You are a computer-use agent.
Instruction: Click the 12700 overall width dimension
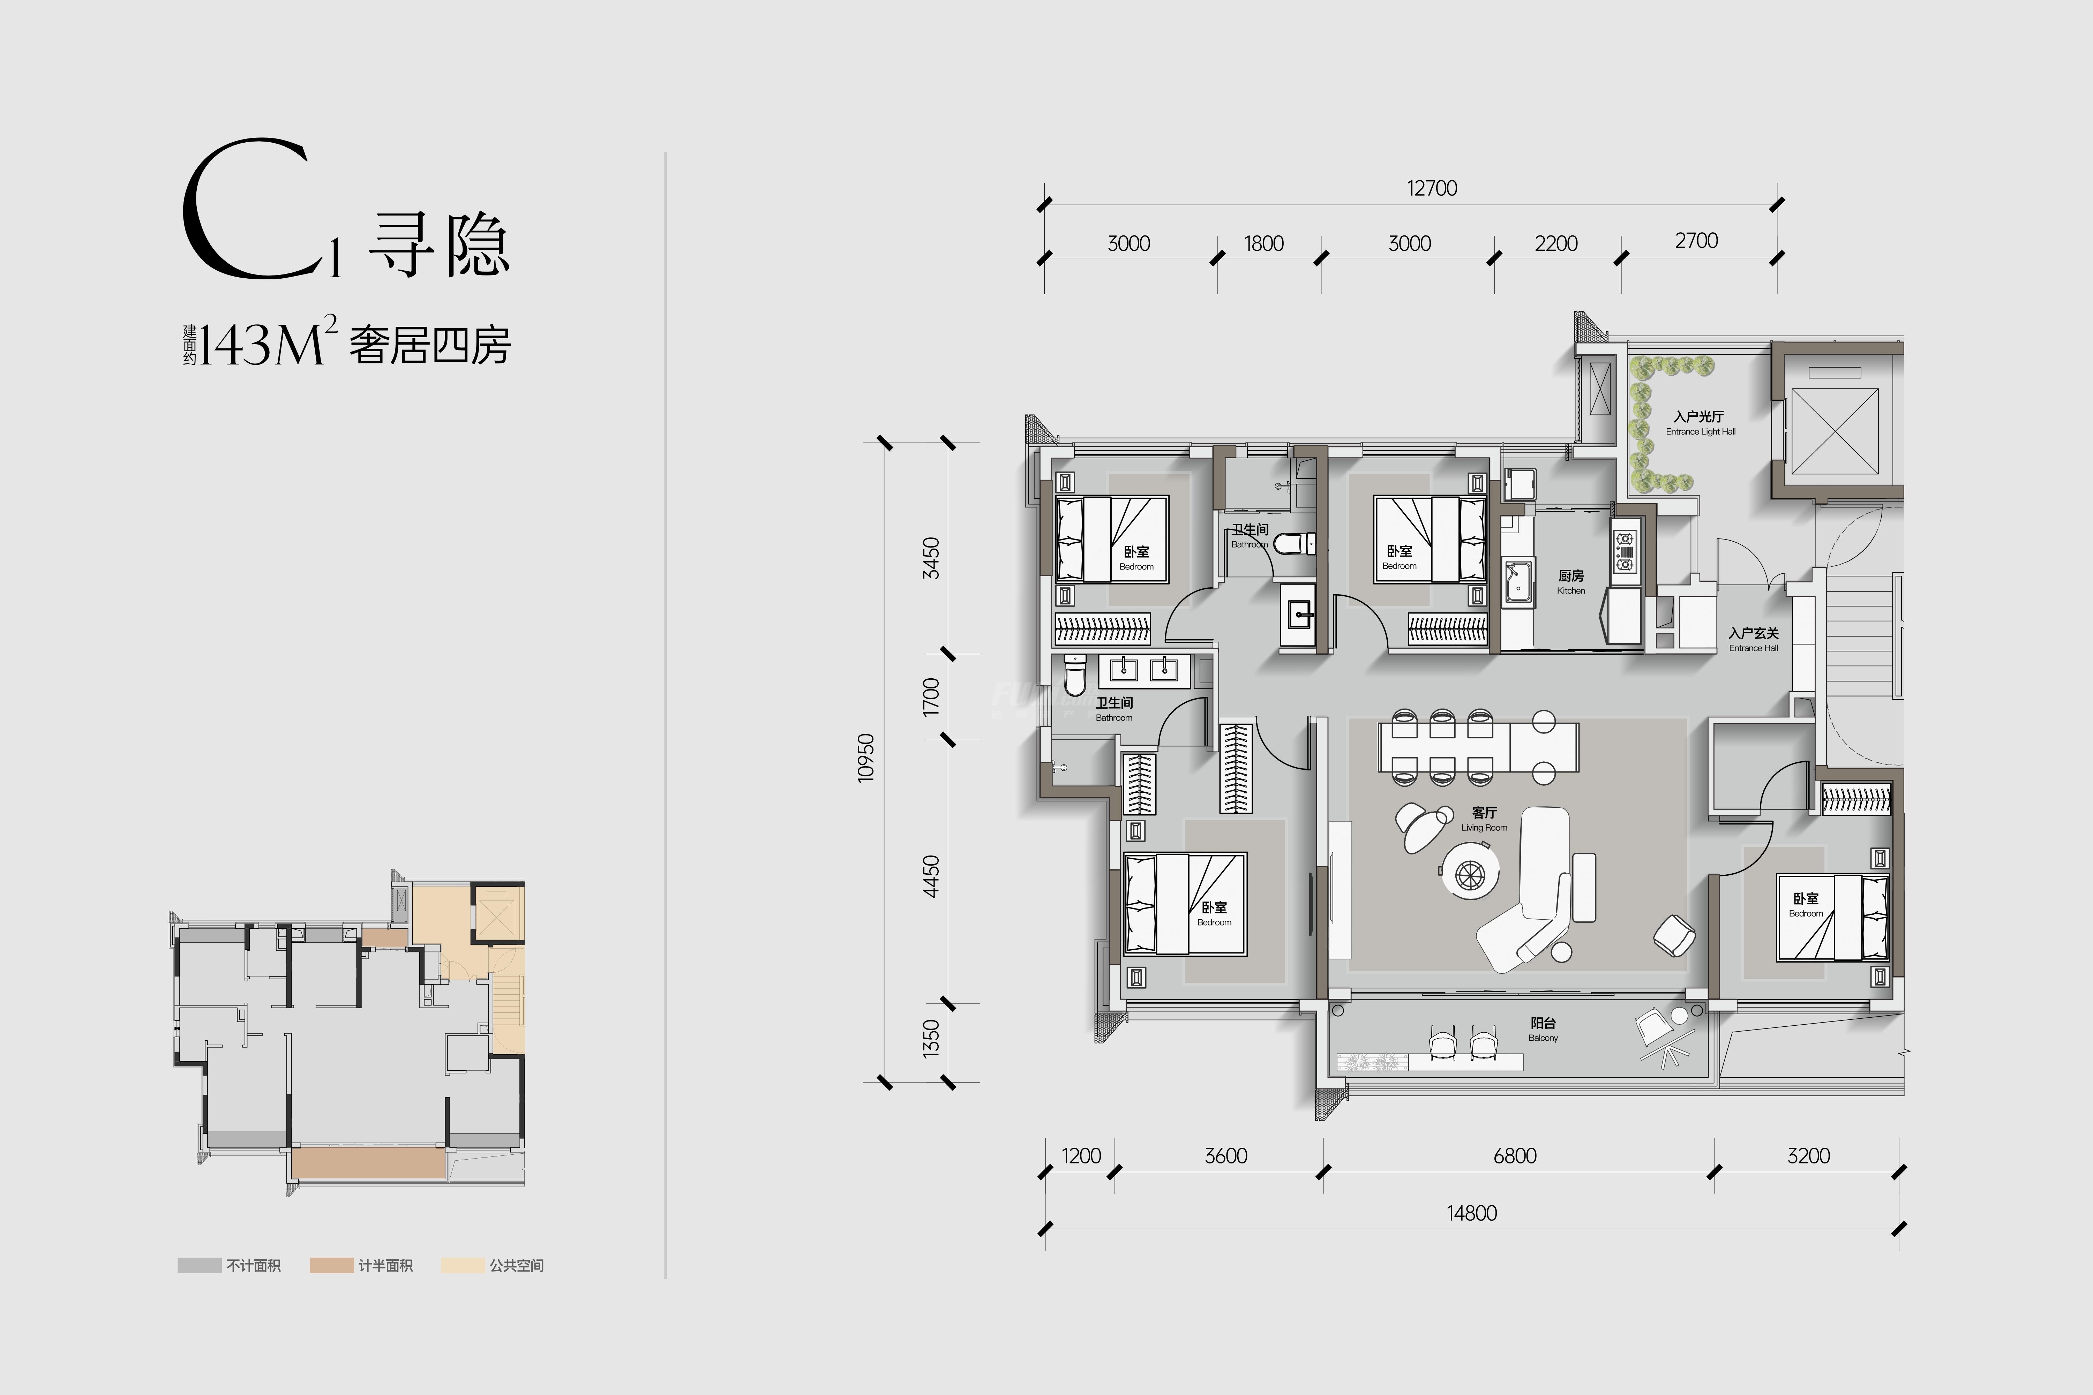[x=1432, y=189]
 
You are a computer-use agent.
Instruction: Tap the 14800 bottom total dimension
[x=1472, y=1214]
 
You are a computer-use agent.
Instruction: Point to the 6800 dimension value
[x=1515, y=1156]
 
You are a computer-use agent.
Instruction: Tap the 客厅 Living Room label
[x=1484, y=819]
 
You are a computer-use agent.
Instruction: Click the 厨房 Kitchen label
[x=1571, y=582]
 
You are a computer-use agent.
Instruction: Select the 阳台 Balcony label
[x=1543, y=1030]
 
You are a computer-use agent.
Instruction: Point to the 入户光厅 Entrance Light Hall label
[x=1700, y=423]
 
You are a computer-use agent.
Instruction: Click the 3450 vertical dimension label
[x=931, y=558]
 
